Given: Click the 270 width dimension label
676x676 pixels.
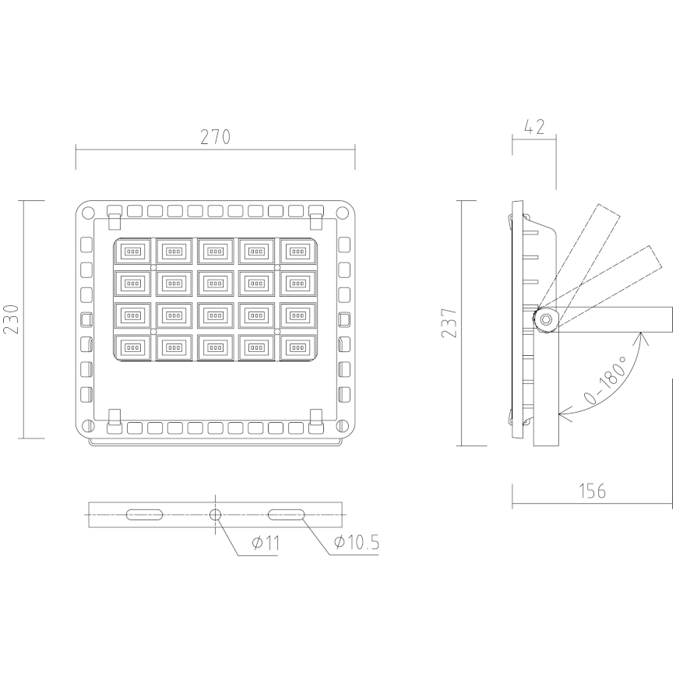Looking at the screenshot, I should tap(215, 137).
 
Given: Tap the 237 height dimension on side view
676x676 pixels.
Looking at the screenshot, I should tap(450, 319).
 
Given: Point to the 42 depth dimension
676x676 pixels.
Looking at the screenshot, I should tap(535, 127).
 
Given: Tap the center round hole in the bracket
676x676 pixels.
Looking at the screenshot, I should tap(216, 514).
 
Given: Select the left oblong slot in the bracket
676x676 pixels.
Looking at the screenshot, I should tap(145, 514).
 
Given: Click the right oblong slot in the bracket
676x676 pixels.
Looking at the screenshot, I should tap(287, 514).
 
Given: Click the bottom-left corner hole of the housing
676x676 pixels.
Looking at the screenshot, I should tap(88, 425).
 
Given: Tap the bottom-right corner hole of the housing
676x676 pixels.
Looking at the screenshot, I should tap(343, 425).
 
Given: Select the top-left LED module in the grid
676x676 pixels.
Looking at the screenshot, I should tap(134, 252).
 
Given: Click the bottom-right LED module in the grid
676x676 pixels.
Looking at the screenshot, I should tap(297, 347).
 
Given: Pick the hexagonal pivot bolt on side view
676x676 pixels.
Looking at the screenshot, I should tap(545, 319).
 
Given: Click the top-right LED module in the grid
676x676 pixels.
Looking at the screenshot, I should tap(297, 252).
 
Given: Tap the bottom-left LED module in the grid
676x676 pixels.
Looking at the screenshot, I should tap(134, 347).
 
